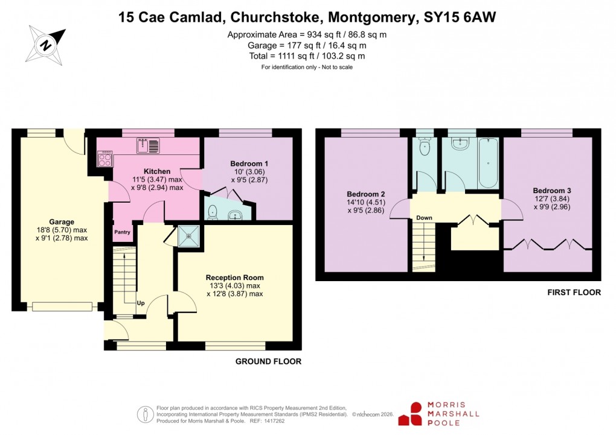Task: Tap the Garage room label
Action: (x=61, y=222)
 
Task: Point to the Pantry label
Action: (x=123, y=232)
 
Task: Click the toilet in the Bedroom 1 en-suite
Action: (x=212, y=212)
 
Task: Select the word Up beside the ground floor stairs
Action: (x=140, y=302)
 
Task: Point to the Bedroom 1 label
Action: (x=249, y=164)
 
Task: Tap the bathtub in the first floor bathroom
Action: (x=487, y=163)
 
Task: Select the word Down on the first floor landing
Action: (x=424, y=218)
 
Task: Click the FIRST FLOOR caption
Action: (x=574, y=293)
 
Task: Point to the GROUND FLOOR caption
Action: (x=268, y=361)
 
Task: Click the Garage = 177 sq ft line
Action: (x=307, y=45)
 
